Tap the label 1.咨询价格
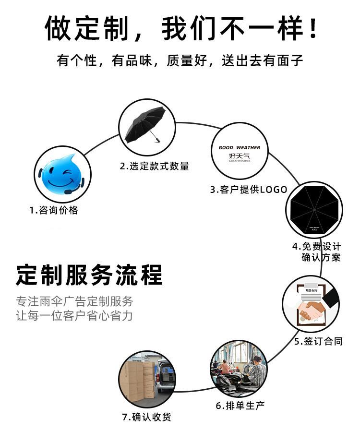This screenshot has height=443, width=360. click(53, 210)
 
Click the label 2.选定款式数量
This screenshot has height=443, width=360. click(154, 166)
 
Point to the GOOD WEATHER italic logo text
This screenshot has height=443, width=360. click(239, 148)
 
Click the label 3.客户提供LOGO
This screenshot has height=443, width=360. click(248, 189)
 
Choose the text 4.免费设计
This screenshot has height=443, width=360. click(316, 246)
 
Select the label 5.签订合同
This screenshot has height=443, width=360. click(318, 342)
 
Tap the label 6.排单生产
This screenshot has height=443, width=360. click(240, 406)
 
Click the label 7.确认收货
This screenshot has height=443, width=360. click(147, 417)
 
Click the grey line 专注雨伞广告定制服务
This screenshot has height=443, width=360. click(74, 301)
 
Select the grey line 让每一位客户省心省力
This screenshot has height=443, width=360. click(74, 316)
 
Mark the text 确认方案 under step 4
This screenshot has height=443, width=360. click(321, 258)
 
